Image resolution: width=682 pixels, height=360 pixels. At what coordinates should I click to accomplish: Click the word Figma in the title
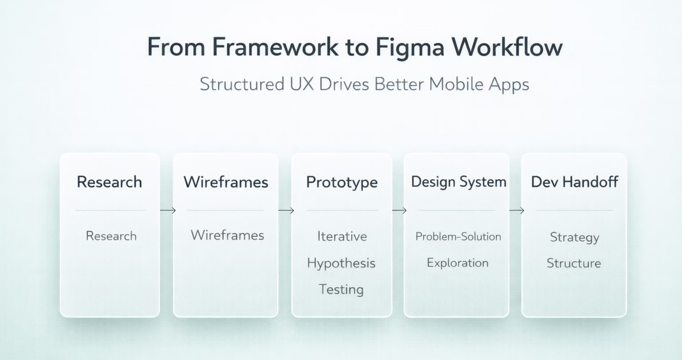click(x=410, y=48)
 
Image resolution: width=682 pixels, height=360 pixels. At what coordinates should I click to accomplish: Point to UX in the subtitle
click(x=302, y=84)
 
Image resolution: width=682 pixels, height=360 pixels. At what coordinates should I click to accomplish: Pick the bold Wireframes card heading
click(x=226, y=182)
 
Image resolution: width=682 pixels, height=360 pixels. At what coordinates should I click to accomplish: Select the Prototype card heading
click(x=342, y=182)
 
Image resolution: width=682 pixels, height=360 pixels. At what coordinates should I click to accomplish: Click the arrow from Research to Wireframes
click(x=168, y=210)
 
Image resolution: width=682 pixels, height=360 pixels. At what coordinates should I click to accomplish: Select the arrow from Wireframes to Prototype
click(x=286, y=210)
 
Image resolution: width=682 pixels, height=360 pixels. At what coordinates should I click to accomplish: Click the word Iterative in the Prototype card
click(x=342, y=236)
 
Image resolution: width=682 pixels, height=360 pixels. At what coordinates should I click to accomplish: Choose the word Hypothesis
click(x=341, y=263)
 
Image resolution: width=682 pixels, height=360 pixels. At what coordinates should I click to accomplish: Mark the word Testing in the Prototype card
click(x=341, y=289)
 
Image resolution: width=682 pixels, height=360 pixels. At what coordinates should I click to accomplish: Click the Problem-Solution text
click(x=458, y=236)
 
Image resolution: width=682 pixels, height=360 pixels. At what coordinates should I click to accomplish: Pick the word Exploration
click(x=457, y=263)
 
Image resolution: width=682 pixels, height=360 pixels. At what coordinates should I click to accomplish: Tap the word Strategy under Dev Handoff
click(x=575, y=237)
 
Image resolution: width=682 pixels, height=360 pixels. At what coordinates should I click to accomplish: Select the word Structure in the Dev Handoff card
click(x=574, y=263)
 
